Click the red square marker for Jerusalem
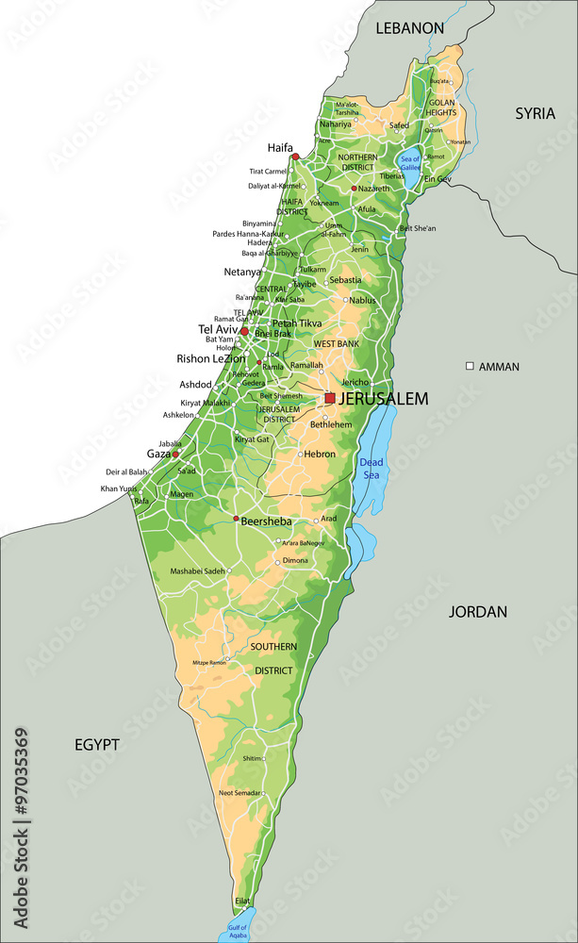(330, 399)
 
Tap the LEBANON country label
(409, 28)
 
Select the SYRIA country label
(535, 113)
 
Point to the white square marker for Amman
(470, 366)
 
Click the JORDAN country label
(477, 611)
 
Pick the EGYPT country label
(97, 745)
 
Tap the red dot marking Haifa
(295, 157)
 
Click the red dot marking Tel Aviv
(244, 331)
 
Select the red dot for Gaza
(175, 455)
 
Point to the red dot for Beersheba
(236, 519)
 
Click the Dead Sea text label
(371, 469)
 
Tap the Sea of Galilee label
(410, 162)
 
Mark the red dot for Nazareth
(354, 189)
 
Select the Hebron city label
(320, 454)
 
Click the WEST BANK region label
(337, 344)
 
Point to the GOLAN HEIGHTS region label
(442, 108)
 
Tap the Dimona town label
(295, 560)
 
